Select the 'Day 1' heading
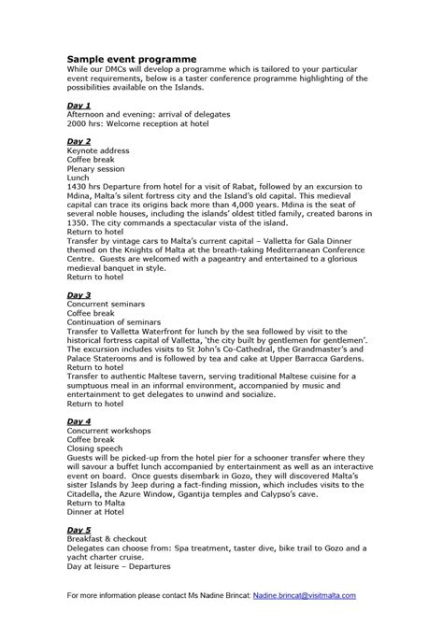79,106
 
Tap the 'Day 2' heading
79,140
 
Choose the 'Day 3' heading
79,293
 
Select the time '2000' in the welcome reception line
78,123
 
